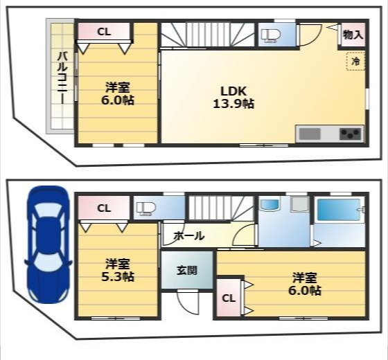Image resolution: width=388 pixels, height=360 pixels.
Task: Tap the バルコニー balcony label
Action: (61, 77)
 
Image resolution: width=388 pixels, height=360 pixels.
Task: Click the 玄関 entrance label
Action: (186, 269)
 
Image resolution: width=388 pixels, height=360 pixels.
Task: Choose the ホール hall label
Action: (188, 236)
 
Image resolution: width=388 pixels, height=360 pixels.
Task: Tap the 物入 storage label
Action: (353, 35)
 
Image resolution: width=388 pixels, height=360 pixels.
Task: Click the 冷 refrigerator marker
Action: (355, 62)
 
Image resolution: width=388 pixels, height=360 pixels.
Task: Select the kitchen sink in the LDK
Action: (309, 134)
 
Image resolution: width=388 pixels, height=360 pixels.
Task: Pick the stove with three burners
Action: (351, 134)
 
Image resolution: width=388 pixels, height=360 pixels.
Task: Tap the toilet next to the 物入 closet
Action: (270, 36)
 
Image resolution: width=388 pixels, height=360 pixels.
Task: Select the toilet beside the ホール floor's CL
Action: (146, 208)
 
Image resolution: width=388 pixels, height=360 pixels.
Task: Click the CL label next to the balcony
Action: (103, 31)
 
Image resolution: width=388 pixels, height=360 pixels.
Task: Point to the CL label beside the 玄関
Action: (228, 298)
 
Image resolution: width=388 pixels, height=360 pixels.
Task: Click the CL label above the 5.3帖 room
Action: (103, 208)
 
